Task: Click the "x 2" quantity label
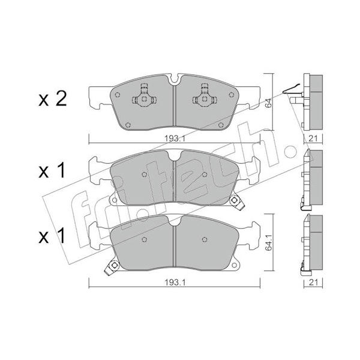coord(53,99)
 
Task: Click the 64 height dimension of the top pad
coord(268,103)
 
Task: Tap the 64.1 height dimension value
coord(268,242)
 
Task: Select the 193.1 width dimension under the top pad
coord(175,138)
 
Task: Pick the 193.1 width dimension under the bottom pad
coord(175,282)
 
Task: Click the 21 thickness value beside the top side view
coord(313,138)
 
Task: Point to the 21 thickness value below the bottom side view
coord(313,282)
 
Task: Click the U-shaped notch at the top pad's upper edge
coord(174,79)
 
